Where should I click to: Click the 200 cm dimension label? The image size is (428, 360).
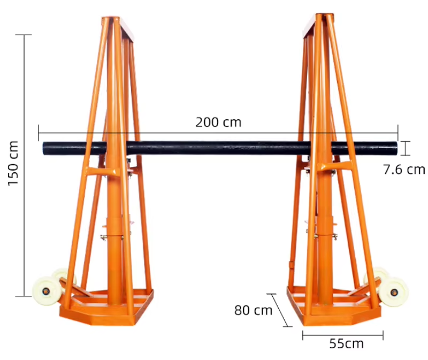coord(218,122)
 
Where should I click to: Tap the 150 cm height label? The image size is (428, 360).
coord(13,163)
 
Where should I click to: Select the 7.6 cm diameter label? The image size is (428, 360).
coord(404,170)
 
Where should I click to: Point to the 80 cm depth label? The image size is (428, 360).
coord(253,310)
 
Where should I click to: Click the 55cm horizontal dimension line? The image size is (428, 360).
coord(342,335)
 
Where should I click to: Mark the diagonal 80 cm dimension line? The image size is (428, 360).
coord(279,310)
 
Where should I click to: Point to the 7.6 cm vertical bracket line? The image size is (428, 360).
coord(407,148)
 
